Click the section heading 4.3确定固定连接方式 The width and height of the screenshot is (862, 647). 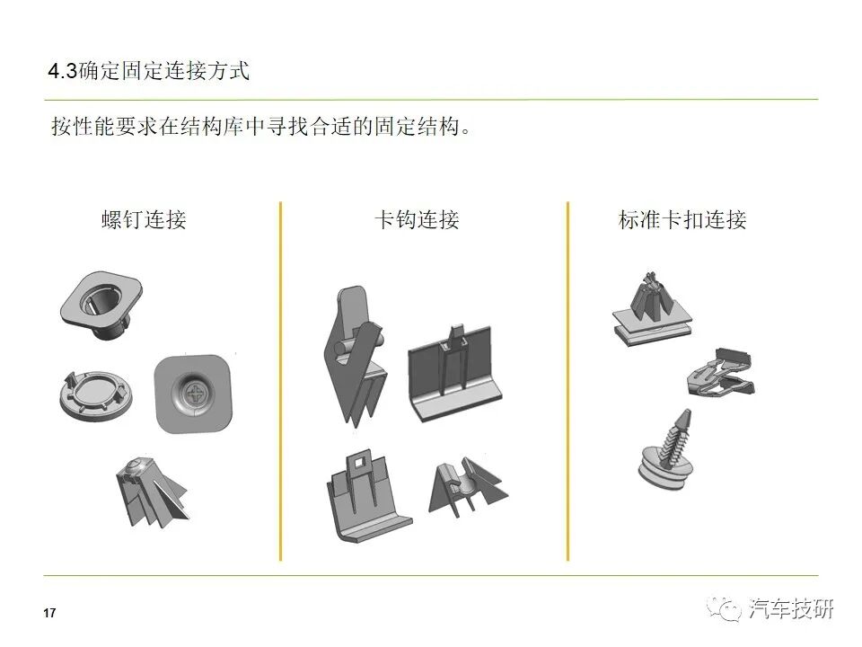[149, 72]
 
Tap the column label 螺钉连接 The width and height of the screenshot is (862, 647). [144, 219]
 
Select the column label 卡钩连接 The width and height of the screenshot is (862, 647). [417, 219]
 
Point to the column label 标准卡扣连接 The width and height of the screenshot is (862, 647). [682, 219]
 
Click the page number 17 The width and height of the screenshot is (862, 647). [49, 613]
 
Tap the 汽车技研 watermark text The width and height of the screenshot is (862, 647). [790, 609]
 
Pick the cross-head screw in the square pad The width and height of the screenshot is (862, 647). [194, 394]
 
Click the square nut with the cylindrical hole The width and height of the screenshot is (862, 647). [101, 306]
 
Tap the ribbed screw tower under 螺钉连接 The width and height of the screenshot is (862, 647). [151, 492]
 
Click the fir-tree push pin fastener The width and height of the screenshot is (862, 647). [667, 450]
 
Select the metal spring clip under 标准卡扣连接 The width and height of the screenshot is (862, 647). [720, 374]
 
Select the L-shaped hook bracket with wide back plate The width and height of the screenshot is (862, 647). [454, 374]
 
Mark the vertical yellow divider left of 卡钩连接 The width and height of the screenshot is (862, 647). [280, 381]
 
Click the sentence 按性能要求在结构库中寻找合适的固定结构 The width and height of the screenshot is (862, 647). [261, 127]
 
